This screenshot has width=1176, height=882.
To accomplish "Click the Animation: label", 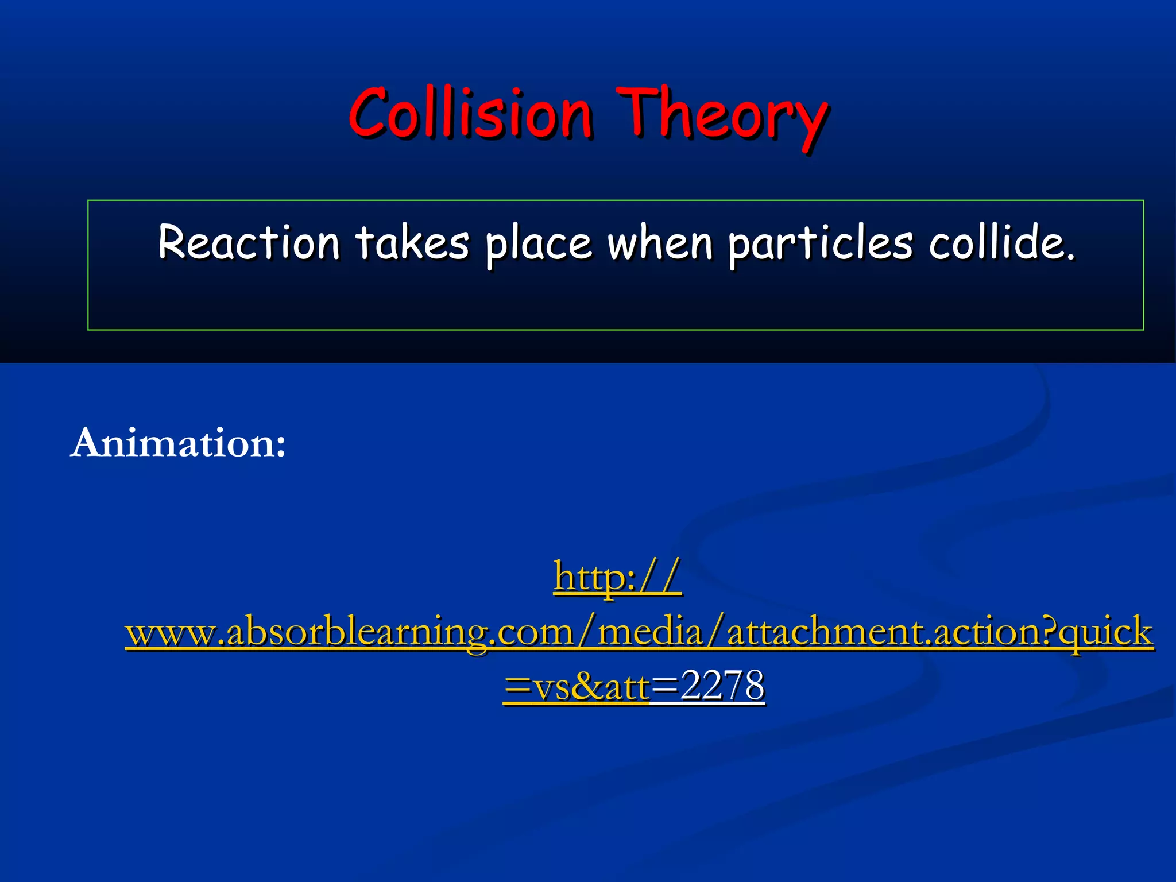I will [x=178, y=443].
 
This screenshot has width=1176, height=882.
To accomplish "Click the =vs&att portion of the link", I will [x=577, y=686].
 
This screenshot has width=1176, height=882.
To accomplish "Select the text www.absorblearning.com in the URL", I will [x=349, y=632].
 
